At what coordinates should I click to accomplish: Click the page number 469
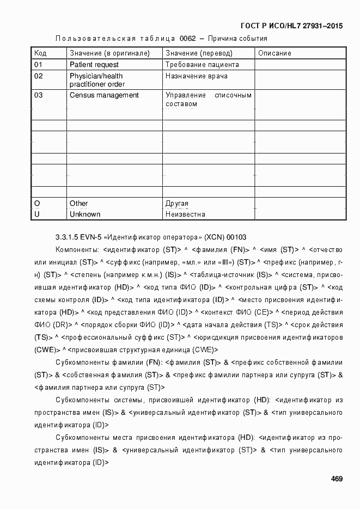click(337, 479)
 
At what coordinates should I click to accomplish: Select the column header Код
click(40, 53)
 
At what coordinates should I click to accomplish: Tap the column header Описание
click(274, 53)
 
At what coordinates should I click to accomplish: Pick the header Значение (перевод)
click(199, 53)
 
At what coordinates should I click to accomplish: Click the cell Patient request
click(93, 64)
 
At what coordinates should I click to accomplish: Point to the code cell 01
click(38, 64)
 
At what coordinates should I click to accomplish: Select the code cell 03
click(38, 95)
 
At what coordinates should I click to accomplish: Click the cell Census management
click(104, 95)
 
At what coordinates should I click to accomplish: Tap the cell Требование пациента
click(202, 64)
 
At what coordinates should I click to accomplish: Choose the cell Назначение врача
click(197, 76)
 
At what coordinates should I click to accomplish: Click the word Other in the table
click(79, 204)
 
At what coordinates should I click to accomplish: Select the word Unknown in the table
click(85, 214)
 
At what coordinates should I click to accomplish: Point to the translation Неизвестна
click(185, 214)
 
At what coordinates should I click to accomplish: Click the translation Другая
click(177, 204)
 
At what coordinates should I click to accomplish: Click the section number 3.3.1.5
click(68, 237)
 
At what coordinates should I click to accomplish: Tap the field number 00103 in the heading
click(236, 237)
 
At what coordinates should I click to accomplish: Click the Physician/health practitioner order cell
click(97, 80)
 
